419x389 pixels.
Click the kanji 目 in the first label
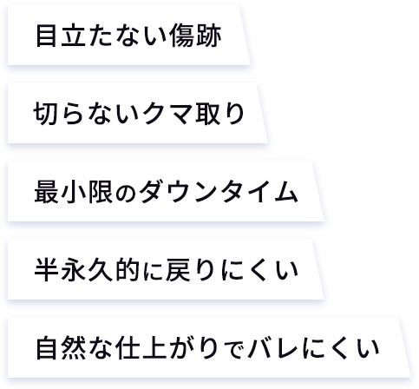pyautogui.click(x=46, y=36)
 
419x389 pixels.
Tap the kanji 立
pyautogui.click(x=73, y=36)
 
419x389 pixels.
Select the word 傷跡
pyautogui.click(x=196, y=36)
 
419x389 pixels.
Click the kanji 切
pyautogui.click(x=45, y=114)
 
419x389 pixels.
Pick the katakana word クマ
pyautogui.click(x=168, y=114)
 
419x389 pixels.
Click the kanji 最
pyautogui.click(x=46, y=192)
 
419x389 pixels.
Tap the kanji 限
pyautogui.click(x=101, y=192)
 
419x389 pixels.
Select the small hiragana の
pyautogui.click(x=126, y=194)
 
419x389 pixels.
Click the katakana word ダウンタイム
pyautogui.click(x=219, y=192)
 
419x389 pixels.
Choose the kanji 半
pyautogui.click(x=46, y=270)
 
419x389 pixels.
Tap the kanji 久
pyautogui.click(x=101, y=270)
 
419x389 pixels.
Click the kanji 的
pyautogui.click(x=128, y=270)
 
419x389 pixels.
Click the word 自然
pyautogui.click(x=61, y=348)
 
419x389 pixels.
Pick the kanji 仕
pyautogui.click(x=128, y=348)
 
